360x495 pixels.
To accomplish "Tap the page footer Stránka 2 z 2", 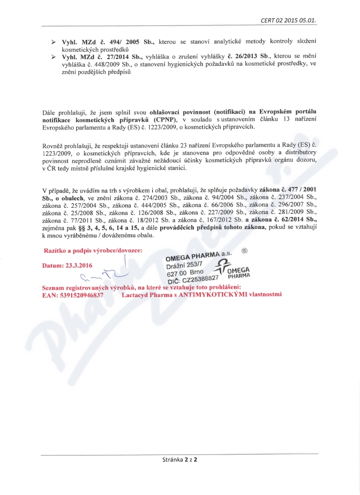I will tap(180, 460).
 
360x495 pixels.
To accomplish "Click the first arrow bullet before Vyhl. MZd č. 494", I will tap(53, 42).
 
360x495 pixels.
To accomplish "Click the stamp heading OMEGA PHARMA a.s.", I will tap(199, 256).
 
